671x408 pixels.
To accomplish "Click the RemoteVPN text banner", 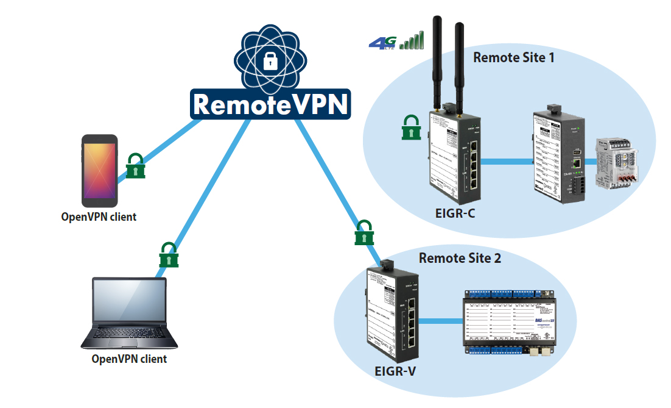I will point(271,104).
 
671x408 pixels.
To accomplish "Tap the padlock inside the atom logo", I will point(269,60).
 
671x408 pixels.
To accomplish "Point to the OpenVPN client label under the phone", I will point(99,217).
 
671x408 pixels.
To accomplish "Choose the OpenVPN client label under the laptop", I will point(129,359).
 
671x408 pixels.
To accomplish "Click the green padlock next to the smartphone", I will point(136,166).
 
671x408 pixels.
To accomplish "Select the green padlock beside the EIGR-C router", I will point(411,127).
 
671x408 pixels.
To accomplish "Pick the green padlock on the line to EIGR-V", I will point(364,232).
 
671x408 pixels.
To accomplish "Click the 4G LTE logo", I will point(382,43).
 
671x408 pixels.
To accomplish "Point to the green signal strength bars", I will point(412,40).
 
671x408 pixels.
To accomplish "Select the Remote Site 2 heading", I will point(460,258).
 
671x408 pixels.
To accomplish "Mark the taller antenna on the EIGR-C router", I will point(437,61).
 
